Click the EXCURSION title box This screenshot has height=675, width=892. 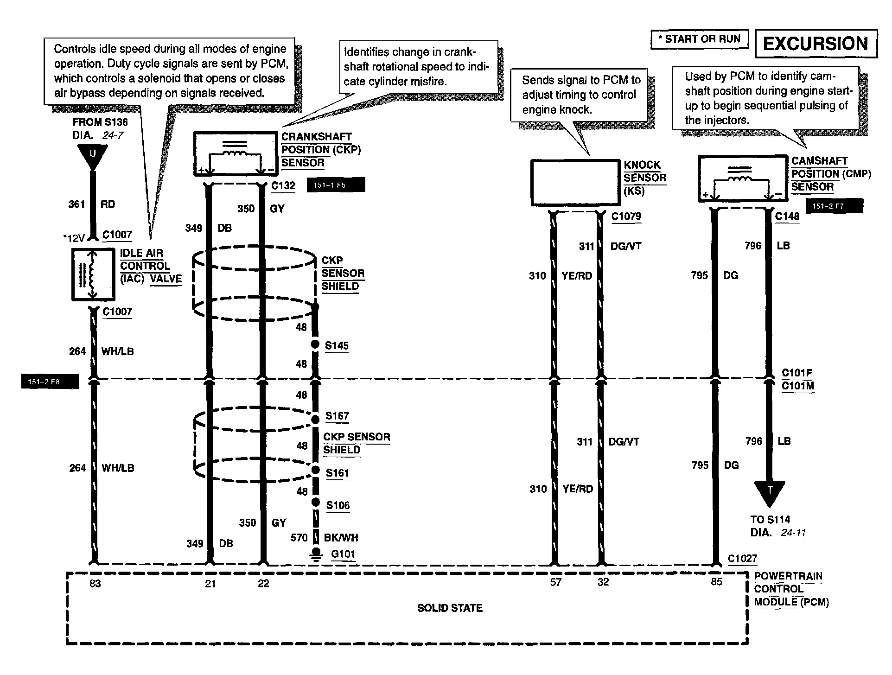(x=816, y=44)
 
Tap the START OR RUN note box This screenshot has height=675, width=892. (x=699, y=39)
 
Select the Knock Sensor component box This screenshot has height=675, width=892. (x=575, y=183)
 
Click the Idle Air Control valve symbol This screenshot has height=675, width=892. (x=93, y=274)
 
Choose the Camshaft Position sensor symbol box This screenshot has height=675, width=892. (x=742, y=179)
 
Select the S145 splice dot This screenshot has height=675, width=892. (x=315, y=344)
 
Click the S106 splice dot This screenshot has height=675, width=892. (x=316, y=503)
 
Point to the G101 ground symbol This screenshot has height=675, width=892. (x=316, y=555)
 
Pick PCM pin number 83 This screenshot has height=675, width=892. (x=95, y=584)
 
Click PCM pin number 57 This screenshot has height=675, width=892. (x=555, y=582)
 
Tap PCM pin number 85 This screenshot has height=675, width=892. (x=716, y=582)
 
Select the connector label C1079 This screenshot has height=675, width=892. (x=626, y=217)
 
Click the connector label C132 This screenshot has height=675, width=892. (x=283, y=186)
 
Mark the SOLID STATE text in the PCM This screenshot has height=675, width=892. (x=450, y=608)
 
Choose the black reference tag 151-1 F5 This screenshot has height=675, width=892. (x=336, y=185)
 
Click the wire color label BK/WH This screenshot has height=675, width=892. (x=341, y=538)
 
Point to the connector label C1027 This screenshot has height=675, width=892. (x=742, y=559)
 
